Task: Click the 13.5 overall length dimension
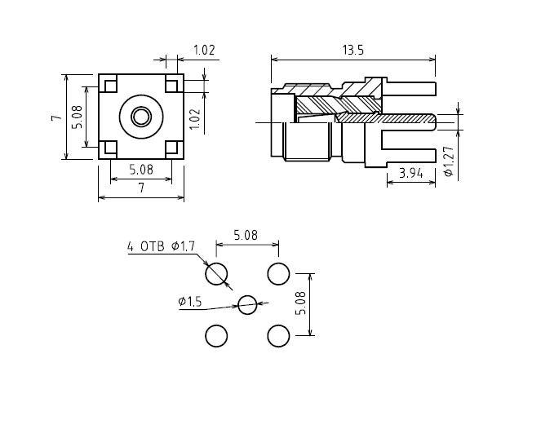click(353, 51)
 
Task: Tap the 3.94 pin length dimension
click(411, 173)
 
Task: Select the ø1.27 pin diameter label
click(449, 161)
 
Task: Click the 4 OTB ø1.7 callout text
click(161, 246)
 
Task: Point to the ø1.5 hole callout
click(190, 302)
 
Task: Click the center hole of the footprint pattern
click(247, 305)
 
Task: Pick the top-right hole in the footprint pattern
click(278, 274)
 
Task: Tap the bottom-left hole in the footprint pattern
click(216, 336)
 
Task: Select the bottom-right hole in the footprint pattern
click(278, 336)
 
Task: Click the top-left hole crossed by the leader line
click(216, 274)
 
